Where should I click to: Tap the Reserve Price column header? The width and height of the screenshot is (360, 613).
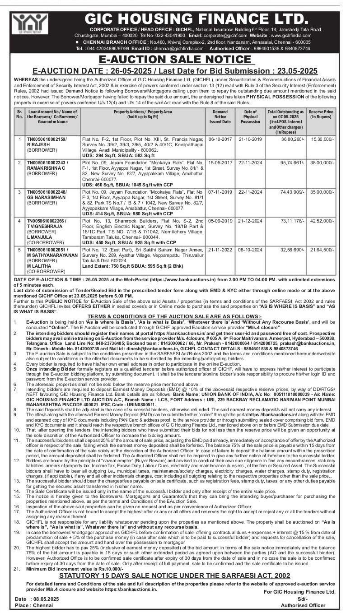click(322, 114)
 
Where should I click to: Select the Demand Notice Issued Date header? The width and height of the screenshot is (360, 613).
click(220, 116)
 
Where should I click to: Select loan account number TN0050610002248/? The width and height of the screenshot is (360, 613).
click(47, 192)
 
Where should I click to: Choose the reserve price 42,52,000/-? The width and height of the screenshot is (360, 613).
click(322, 221)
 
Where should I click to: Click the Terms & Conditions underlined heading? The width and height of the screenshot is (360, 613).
click(174, 316)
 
